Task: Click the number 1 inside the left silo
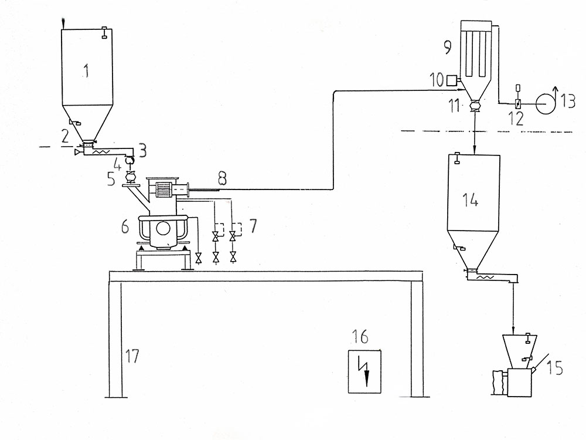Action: [x=86, y=70]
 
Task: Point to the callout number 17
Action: [x=132, y=356]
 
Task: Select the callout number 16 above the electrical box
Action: [x=360, y=336]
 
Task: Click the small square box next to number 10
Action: [x=451, y=80]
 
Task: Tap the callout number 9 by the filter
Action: [x=447, y=47]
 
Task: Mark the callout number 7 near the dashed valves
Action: [x=253, y=226]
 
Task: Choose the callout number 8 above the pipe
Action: [x=223, y=179]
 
